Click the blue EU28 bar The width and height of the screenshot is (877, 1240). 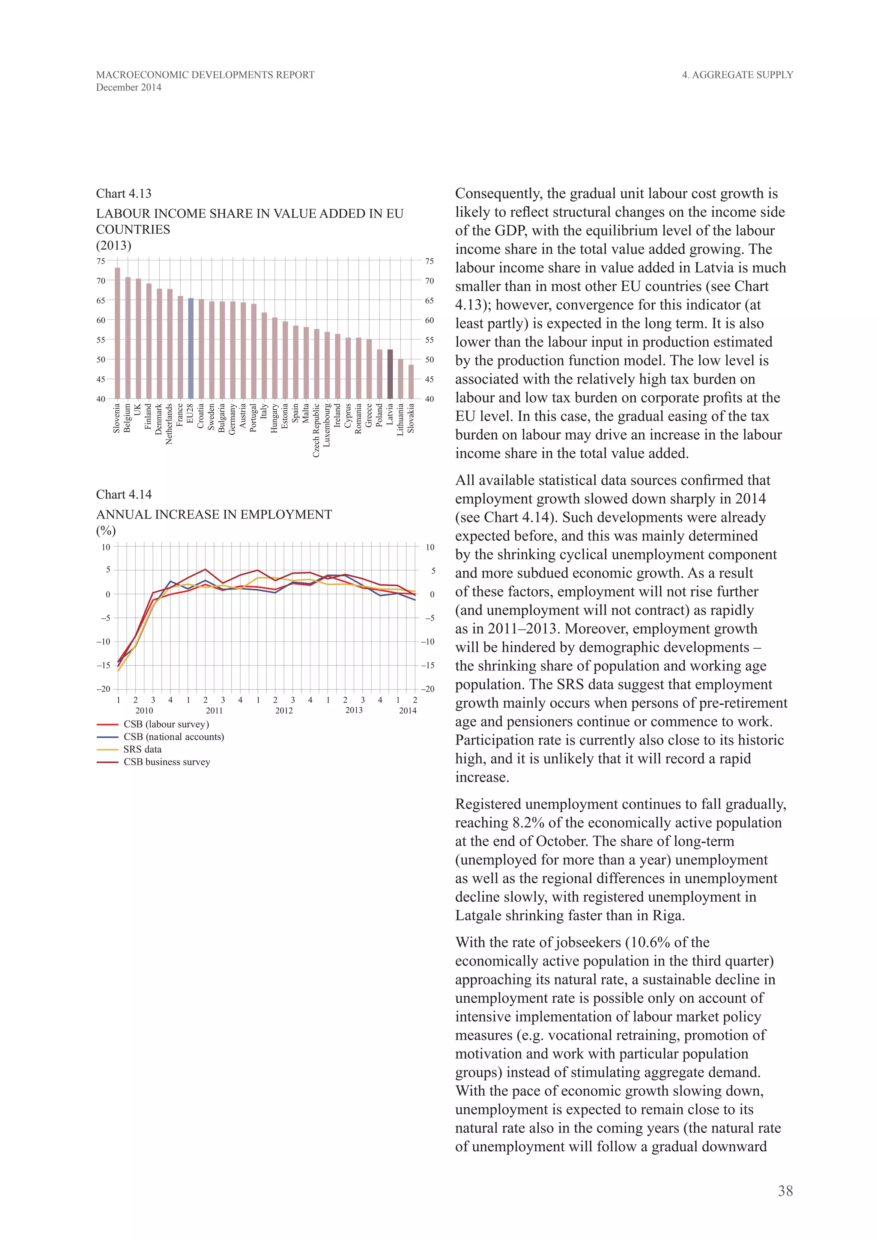191,349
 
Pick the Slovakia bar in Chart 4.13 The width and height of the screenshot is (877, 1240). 411,382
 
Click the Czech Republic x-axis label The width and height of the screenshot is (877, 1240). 316,430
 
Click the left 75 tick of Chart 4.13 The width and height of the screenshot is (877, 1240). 101,261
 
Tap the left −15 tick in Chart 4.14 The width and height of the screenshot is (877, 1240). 103,665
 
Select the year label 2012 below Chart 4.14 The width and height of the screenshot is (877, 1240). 284,711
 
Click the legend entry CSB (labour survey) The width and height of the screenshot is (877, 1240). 166,724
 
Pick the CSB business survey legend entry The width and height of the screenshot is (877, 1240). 166,762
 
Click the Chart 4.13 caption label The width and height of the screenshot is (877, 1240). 124,194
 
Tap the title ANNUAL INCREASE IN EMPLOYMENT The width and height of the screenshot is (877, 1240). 214,515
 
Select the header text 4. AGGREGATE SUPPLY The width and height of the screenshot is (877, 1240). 737,75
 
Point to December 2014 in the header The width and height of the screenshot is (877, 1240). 128,87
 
